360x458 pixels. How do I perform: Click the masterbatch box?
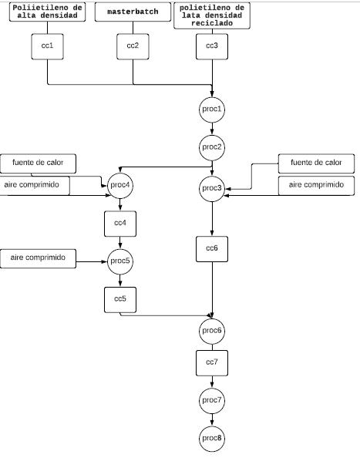133,12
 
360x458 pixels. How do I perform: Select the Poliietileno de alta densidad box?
47,12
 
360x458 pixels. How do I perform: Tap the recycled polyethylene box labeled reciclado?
212,15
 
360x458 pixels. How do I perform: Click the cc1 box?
47,47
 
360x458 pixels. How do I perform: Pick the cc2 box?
133,47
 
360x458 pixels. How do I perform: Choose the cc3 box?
212,47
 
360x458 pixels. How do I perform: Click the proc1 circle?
212,109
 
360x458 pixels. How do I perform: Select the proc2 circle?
212,147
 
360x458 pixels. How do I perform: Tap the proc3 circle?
212,189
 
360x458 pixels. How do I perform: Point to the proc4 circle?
120,186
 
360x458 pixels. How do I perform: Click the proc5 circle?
120,261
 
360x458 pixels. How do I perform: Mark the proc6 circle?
212,332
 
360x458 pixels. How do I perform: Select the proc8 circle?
212,439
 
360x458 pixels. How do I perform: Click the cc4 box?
120,224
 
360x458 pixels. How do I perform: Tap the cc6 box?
212,249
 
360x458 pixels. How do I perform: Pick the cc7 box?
212,363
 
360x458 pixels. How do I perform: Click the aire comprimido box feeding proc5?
38,258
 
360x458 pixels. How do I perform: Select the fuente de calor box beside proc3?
317,163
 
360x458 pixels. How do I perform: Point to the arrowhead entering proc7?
212,384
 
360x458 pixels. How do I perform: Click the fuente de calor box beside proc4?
38,163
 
